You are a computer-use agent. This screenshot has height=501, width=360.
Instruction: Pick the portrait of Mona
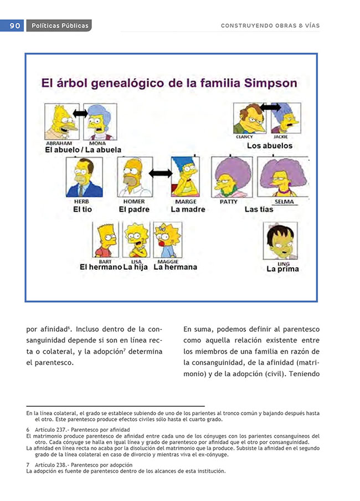tap(100, 121)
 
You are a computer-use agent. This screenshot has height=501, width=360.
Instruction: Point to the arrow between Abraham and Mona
tap(80, 114)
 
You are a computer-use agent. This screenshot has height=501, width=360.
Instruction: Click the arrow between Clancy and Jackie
tap(271, 106)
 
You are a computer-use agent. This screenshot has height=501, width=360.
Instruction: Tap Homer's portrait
tap(135, 177)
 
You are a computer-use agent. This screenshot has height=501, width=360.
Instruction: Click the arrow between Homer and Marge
tap(161, 173)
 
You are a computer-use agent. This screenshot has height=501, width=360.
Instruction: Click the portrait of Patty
tap(232, 177)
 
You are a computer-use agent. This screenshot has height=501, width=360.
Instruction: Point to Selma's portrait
tap(282, 177)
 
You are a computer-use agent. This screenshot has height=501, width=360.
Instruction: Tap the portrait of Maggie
tap(167, 240)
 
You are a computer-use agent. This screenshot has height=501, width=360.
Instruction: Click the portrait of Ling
tap(280, 241)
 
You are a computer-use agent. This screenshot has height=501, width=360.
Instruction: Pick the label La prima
tap(282, 269)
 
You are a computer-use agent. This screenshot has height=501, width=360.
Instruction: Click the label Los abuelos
tap(270, 146)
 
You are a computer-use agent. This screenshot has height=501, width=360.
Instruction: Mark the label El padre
tap(134, 209)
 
